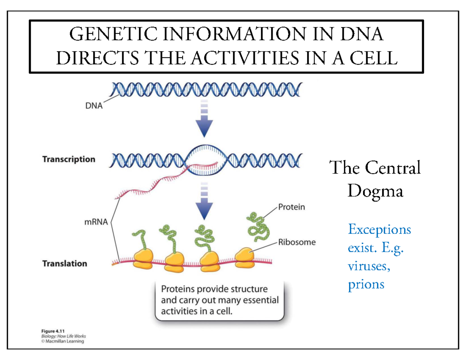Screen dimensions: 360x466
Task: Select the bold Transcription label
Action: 68,159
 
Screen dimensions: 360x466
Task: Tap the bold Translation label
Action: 64,264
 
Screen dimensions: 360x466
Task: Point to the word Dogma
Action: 375,191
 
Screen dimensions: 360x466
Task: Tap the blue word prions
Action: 366,284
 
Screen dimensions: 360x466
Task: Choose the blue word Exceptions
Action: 379,230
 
